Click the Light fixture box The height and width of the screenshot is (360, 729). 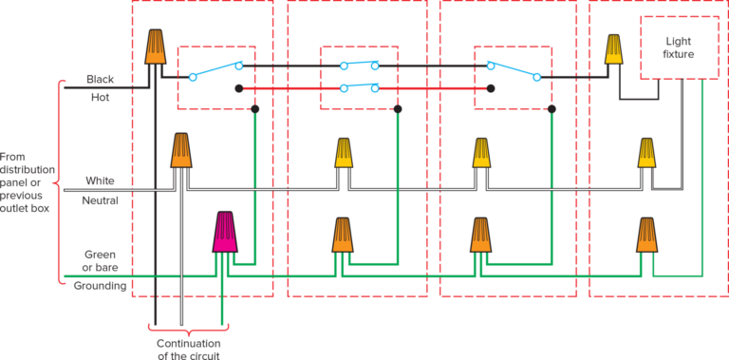point(679,47)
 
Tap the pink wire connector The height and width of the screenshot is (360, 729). point(224,232)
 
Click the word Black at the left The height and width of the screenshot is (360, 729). point(100,79)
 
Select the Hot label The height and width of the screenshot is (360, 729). point(100,97)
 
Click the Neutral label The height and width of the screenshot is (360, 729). point(100,200)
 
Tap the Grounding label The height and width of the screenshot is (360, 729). point(100,285)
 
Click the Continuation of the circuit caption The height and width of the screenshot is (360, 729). point(189,348)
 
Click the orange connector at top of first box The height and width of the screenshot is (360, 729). point(155,47)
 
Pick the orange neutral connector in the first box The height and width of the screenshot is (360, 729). point(181,150)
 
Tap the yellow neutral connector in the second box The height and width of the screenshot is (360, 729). point(344,152)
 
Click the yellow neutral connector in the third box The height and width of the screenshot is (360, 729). point(482,152)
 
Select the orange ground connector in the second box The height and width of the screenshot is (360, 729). point(343,235)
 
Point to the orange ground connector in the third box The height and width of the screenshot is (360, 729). point(481,235)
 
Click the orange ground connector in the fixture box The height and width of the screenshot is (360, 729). point(646,235)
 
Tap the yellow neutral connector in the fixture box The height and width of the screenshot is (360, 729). point(646,152)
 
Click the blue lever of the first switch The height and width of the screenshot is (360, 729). point(215,71)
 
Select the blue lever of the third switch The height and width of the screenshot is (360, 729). point(514,71)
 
